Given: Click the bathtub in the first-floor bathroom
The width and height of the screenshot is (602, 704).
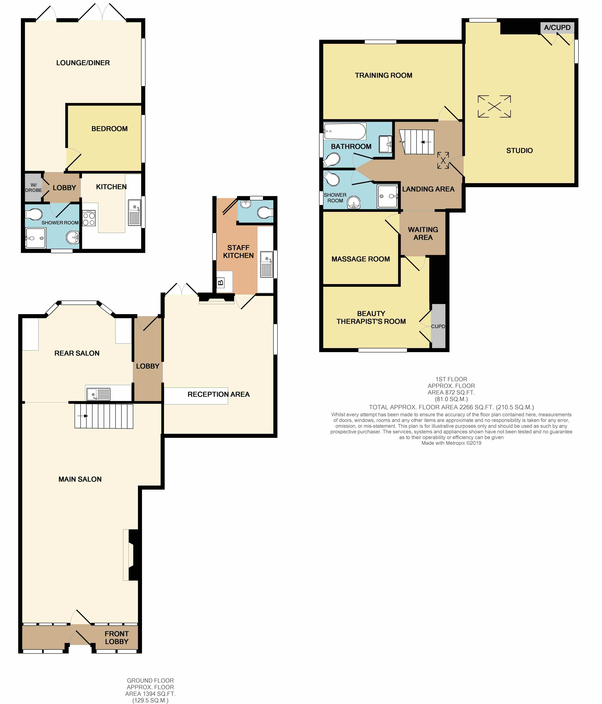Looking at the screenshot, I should click(x=345, y=131).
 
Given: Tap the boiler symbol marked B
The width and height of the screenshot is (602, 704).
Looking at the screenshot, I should click(x=220, y=282).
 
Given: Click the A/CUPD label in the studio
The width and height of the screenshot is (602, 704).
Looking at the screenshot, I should click(x=557, y=27).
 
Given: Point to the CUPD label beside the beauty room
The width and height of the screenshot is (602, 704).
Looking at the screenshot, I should click(x=438, y=326).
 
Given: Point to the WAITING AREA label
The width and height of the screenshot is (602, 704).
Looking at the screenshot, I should click(x=423, y=233).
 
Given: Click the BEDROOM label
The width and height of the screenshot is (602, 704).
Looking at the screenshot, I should click(x=110, y=129).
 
